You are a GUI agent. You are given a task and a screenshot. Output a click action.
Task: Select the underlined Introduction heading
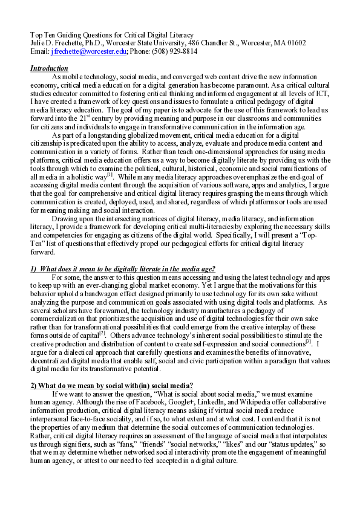(49, 68)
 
